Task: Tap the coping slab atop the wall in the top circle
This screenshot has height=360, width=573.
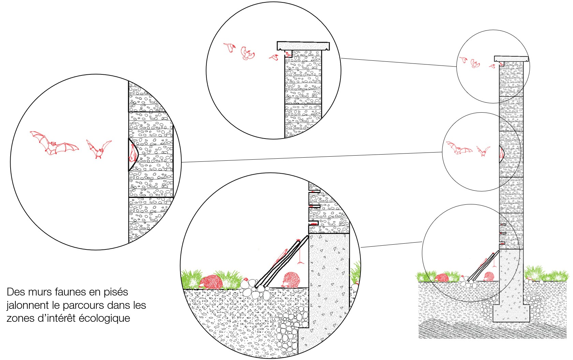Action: pyautogui.click(x=303, y=46)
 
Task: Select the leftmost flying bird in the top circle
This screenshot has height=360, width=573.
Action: pyautogui.click(x=230, y=47)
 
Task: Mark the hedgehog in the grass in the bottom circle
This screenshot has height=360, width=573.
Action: pyautogui.click(x=210, y=282)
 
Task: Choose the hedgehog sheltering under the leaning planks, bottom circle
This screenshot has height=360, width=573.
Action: pyautogui.click(x=292, y=279)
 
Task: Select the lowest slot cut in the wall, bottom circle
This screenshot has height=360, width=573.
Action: pyautogui.click(x=313, y=223)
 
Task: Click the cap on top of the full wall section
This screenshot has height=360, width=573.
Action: pyautogui.click(x=511, y=59)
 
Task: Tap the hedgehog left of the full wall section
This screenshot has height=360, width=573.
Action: pyautogui.click(x=442, y=277)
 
